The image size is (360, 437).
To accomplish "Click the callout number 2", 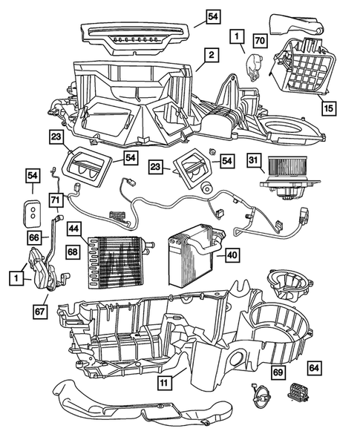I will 211,56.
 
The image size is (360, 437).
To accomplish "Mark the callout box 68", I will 73,251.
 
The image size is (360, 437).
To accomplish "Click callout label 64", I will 314,367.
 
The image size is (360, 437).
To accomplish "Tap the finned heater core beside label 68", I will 116,262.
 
